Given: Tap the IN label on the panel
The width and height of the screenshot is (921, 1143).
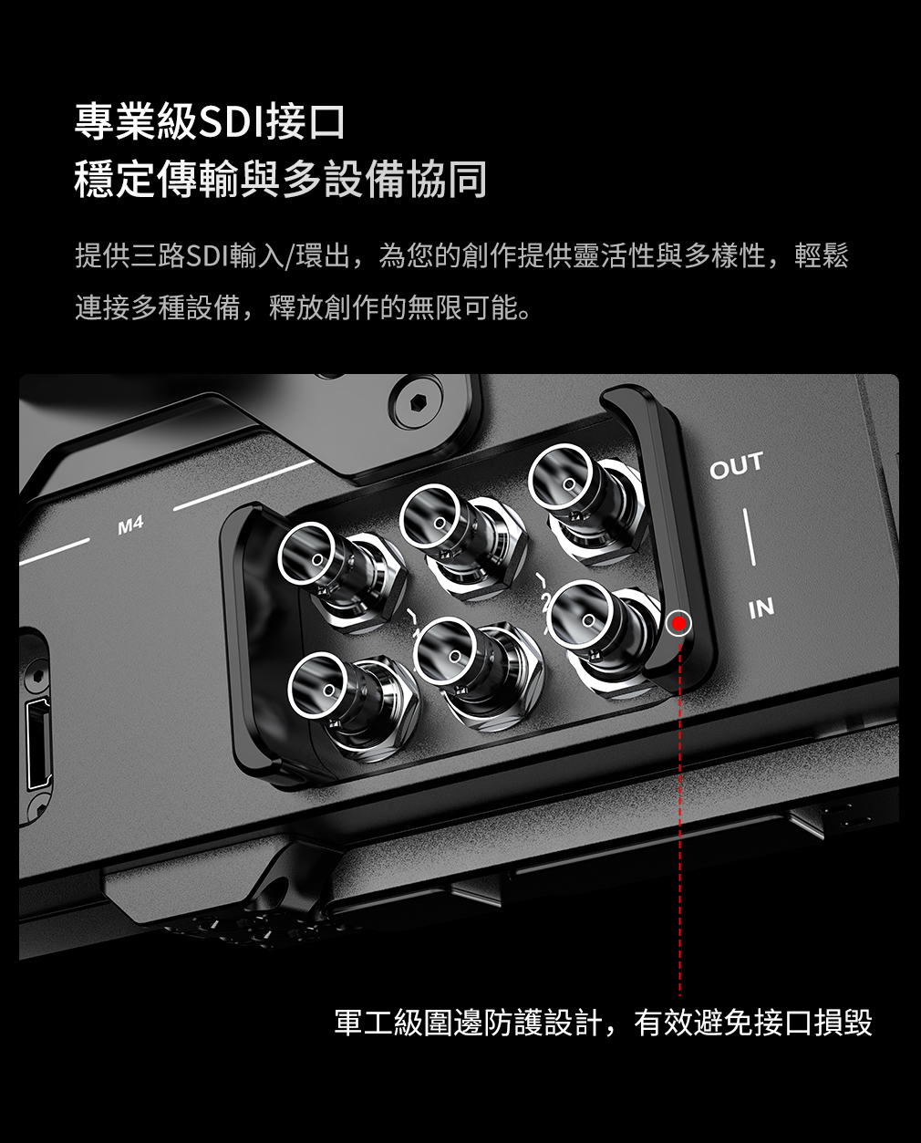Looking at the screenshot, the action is pyautogui.click(x=761, y=608).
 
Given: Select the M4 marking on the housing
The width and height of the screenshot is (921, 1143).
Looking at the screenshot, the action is pyautogui.click(x=130, y=525).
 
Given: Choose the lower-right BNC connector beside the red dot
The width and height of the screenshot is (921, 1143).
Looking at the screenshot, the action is pyautogui.click(x=584, y=616).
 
